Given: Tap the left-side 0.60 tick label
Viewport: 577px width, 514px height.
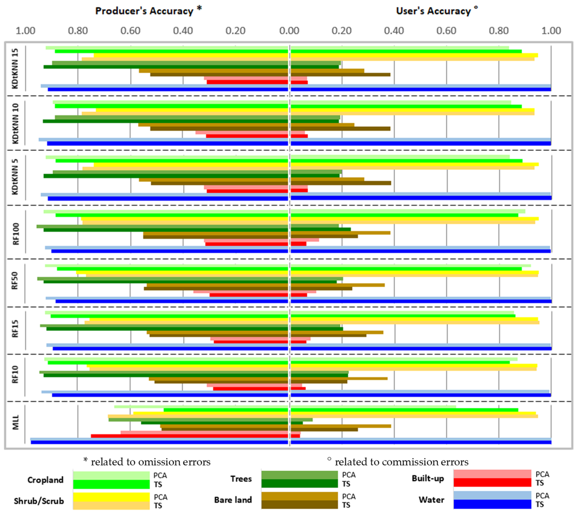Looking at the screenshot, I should pyautogui.click(x=130, y=31).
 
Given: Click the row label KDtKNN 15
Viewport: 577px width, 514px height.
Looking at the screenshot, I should pyautogui.click(x=15, y=68).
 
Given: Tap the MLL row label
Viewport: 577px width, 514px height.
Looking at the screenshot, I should pyautogui.click(x=15, y=422).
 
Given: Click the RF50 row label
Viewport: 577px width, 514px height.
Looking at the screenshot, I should pyautogui.click(x=15, y=280).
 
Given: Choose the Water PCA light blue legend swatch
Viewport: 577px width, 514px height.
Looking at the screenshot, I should pyautogui.click(x=492, y=495).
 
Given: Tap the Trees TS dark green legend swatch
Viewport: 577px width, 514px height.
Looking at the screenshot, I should pyautogui.click(x=299, y=483).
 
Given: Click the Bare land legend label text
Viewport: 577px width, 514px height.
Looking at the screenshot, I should pyautogui.click(x=233, y=500).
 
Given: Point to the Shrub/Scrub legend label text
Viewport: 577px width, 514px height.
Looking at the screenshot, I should pyautogui.click(x=39, y=501).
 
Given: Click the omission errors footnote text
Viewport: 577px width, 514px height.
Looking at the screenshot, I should pyautogui.click(x=147, y=462).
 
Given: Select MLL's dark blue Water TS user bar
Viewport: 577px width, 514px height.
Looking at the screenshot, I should pyautogui.click(x=421, y=442).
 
